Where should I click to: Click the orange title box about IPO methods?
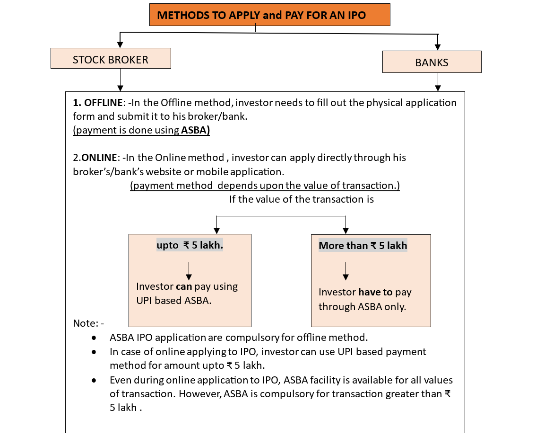coord(270,15)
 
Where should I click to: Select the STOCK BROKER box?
coord(110,60)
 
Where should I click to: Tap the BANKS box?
coord(432,62)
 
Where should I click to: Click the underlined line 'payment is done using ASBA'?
coord(141,131)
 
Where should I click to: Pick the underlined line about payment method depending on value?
coord(265,186)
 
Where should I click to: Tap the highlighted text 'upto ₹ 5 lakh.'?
coord(190,245)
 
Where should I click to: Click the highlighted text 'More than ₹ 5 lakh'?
coord(363,246)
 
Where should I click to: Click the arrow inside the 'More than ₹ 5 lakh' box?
coord(346,270)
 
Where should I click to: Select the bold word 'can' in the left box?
coord(184,286)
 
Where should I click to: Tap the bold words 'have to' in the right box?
coord(375,292)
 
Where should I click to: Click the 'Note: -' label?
coord(88,323)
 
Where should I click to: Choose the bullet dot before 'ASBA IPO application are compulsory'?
coord(95,338)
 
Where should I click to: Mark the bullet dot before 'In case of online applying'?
coord(95,352)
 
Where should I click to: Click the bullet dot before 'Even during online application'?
coord(95,381)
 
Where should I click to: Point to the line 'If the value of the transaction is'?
coord(301,199)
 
